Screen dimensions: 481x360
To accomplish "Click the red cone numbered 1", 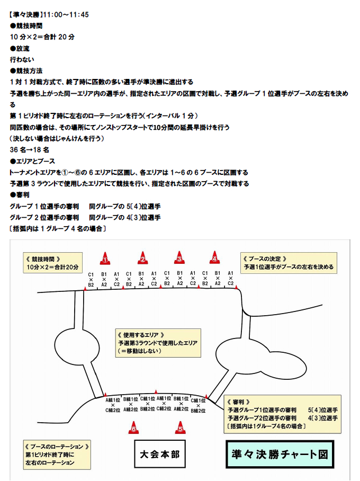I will (105, 259).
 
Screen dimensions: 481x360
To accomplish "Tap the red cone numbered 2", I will (142, 259).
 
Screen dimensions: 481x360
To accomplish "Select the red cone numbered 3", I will (179, 259).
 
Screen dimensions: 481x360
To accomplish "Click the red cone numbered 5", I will (181, 427).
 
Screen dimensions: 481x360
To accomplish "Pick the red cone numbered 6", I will (134, 427).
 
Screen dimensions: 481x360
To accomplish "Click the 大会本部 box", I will (159, 454).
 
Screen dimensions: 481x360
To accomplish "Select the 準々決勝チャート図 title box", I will (280, 454).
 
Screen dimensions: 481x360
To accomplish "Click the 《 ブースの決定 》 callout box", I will (289, 263).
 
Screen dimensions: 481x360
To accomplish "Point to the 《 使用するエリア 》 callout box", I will (158, 343).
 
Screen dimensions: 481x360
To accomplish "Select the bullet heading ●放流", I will (20, 48).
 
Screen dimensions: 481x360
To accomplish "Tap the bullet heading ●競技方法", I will (26, 71).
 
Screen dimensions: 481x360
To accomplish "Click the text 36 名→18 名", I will (31, 150).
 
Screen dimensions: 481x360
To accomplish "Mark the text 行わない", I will (22, 59).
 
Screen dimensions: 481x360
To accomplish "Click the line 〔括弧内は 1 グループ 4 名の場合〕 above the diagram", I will (59, 229).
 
